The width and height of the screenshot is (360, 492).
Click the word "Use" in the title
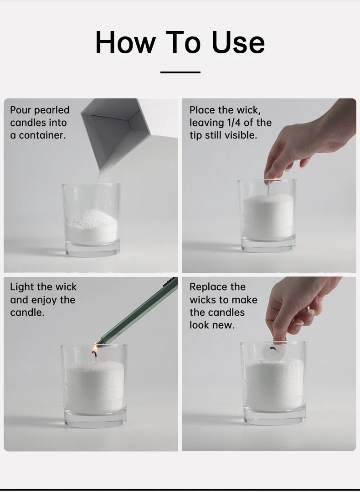click(238, 42)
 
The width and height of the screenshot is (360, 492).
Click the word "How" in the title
click(126, 42)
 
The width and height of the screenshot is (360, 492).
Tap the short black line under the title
click(180, 72)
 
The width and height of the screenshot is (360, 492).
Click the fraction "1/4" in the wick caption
click(234, 123)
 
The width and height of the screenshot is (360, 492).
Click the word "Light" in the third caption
click(21, 287)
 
